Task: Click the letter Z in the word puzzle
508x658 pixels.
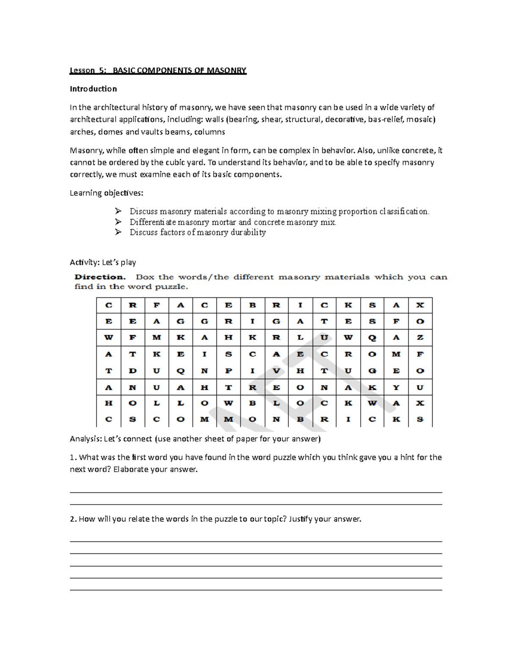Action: pos(420,338)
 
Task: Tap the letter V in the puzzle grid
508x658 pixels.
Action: pos(276,371)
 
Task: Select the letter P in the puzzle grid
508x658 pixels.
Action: pos(229,371)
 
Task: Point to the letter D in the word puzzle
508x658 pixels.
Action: pos(133,371)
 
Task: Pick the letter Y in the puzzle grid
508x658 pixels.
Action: pos(396,387)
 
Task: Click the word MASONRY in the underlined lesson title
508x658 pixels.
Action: pos(226,70)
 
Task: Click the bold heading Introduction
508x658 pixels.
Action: pos(93,89)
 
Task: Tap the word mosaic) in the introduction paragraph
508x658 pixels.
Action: pos(421,119)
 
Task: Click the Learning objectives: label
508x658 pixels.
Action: pos(106,193)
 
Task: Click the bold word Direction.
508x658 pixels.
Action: pos(100,277)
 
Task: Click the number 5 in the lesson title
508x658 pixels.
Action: pos(102,70)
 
